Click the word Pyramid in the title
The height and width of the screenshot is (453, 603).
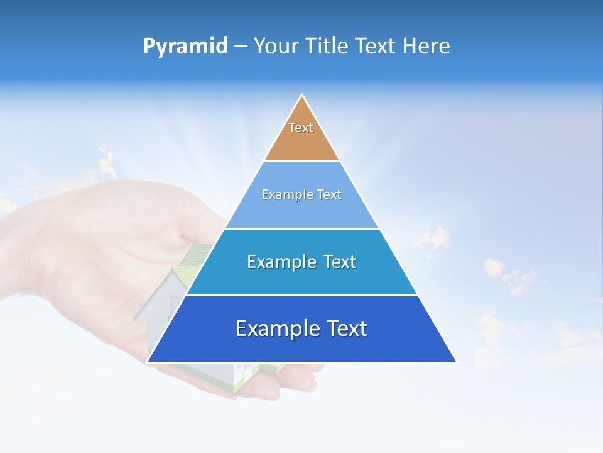pos(185,47)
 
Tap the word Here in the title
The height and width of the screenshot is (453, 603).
pos(426,47)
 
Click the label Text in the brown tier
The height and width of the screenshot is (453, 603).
pos(301,128)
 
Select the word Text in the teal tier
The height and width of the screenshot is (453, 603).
pos(337,262)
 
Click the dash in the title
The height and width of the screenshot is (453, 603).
pos(240,47)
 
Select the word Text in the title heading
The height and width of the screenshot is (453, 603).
pos(376,47)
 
